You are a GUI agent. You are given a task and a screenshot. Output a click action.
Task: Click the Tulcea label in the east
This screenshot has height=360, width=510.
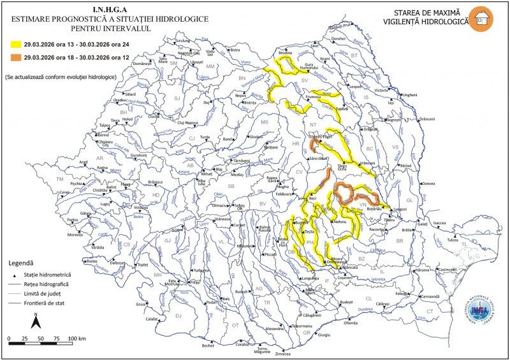pyautogui.click(x=452, y=240)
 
